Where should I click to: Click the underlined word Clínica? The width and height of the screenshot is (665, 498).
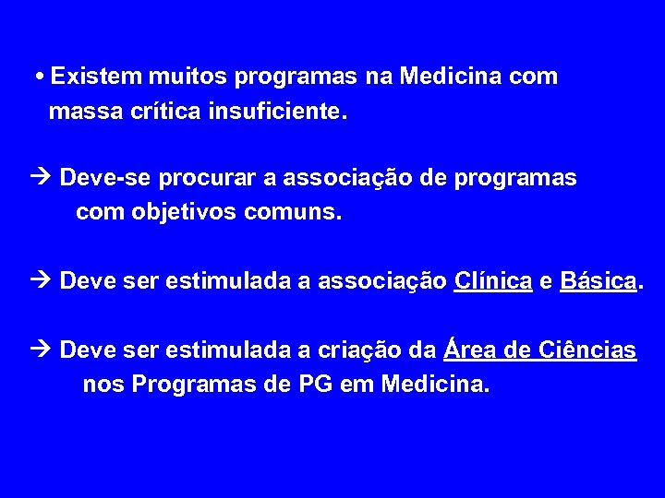tap(493, 280)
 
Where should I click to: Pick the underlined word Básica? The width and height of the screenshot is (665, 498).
tap(598, 280)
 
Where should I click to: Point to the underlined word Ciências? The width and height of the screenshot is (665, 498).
tap(586, 350)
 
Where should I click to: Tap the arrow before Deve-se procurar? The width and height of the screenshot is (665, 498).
tap(42, 178)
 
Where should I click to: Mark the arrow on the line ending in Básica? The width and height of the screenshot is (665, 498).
tap(42, 281)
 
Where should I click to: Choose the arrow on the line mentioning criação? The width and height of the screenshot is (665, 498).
tap(42, 350)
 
